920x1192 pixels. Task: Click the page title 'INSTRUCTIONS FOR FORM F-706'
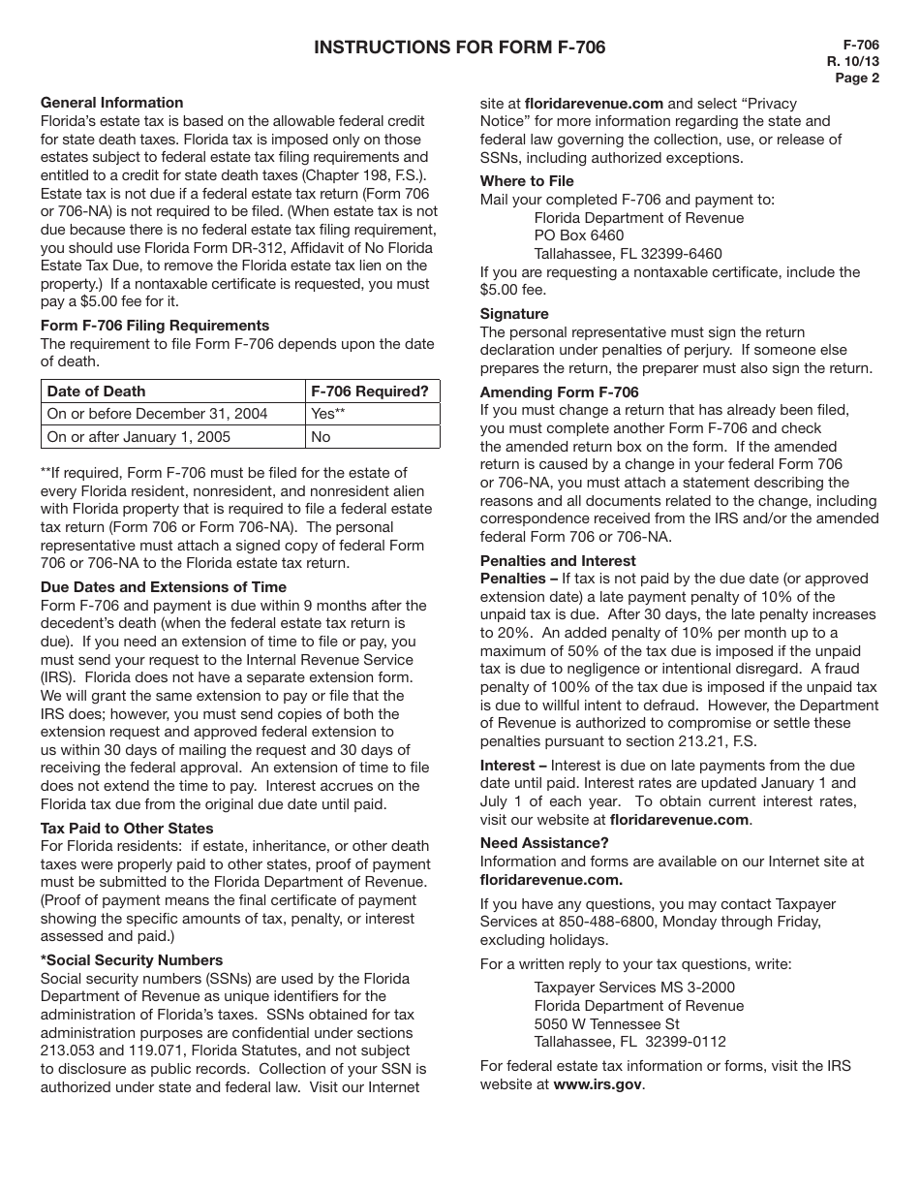459,47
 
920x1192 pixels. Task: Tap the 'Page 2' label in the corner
857,79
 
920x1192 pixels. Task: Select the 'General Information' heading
111,103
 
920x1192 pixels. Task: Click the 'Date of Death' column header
97,392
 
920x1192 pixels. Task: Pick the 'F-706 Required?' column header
369,392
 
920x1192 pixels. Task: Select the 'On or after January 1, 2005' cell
138,437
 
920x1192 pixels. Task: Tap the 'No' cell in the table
321,437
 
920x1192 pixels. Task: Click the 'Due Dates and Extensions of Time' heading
164,587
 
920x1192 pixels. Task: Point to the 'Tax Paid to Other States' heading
127,829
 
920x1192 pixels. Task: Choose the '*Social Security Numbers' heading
132,960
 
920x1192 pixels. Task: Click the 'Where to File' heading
527,181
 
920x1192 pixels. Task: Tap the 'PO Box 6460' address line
579,235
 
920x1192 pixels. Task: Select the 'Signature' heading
514,314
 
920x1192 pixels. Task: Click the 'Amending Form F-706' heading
560,392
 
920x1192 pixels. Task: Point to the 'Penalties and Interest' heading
558,561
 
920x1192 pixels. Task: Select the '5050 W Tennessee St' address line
607,1024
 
